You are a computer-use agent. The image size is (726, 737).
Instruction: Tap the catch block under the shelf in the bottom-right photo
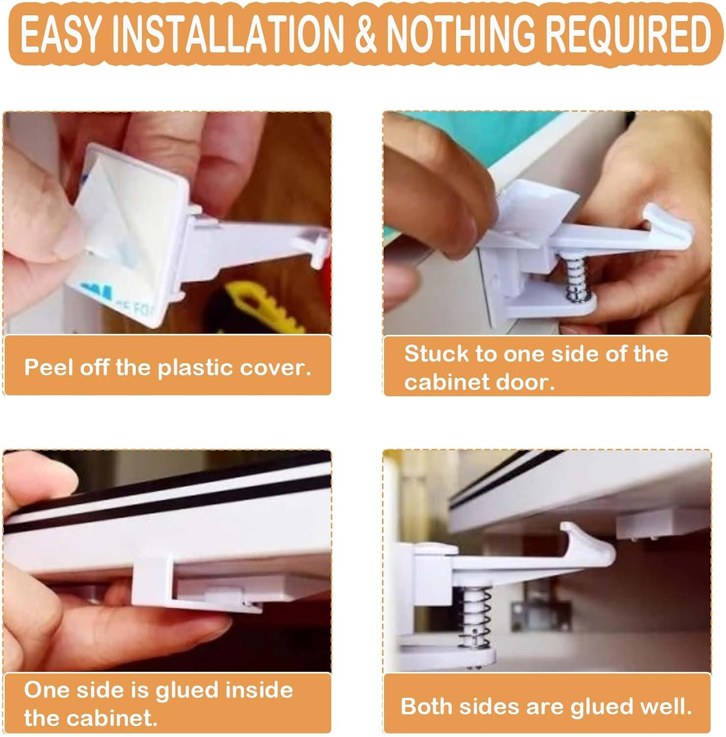[649, 526]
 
